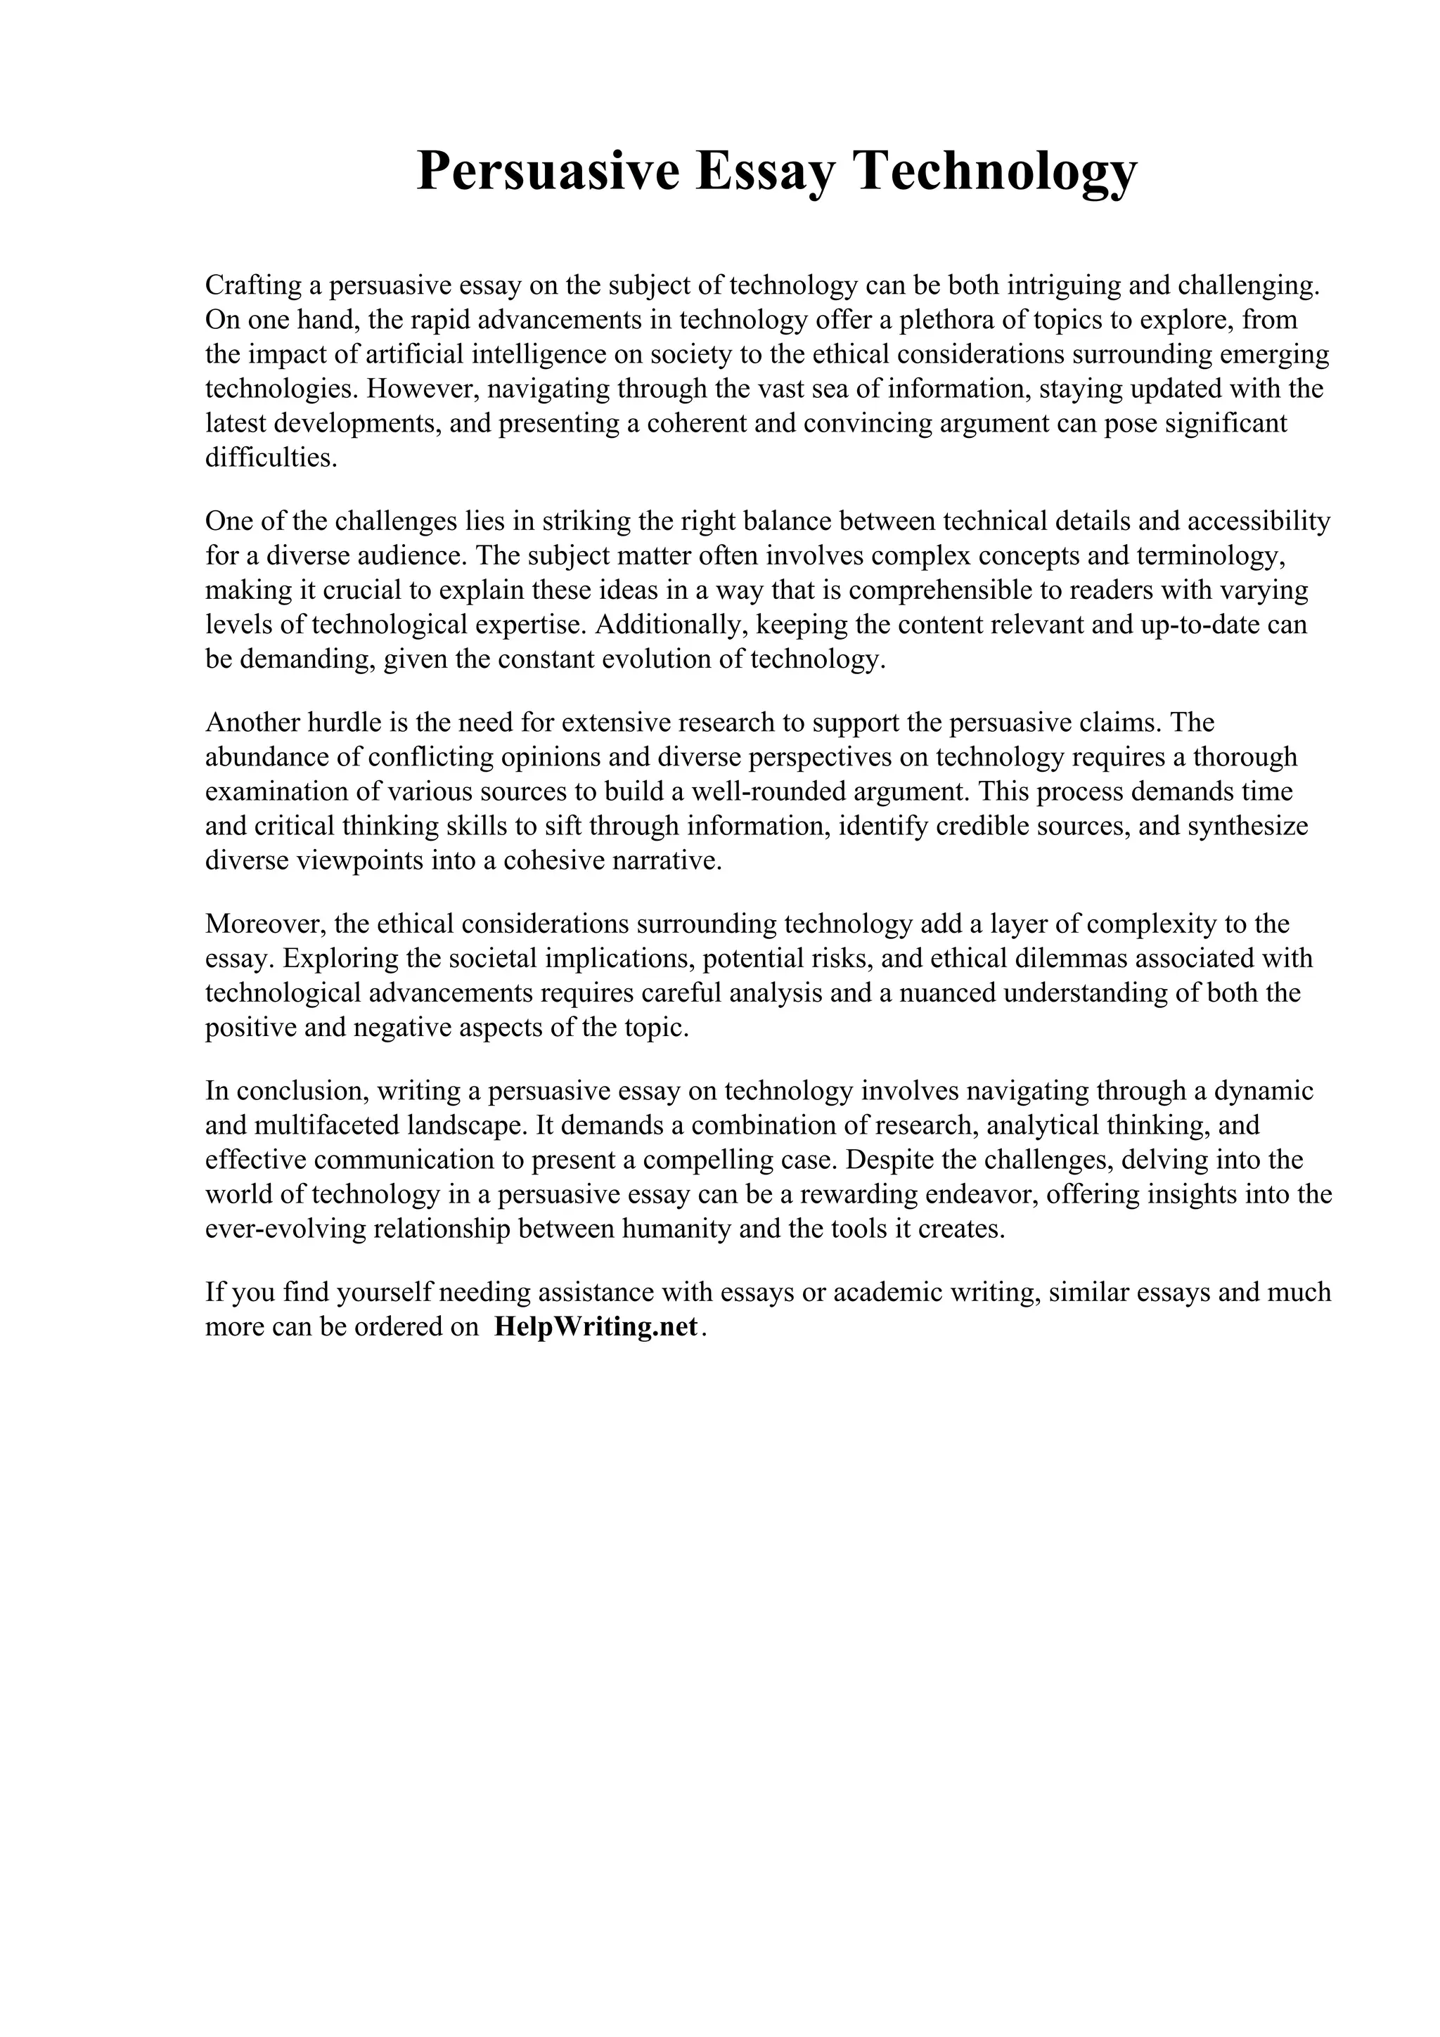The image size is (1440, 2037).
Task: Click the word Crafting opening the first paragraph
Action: tap(252, 285)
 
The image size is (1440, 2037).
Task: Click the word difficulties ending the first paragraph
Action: tap(271, 459)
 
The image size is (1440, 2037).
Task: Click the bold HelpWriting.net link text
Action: tap(596, 1327)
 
